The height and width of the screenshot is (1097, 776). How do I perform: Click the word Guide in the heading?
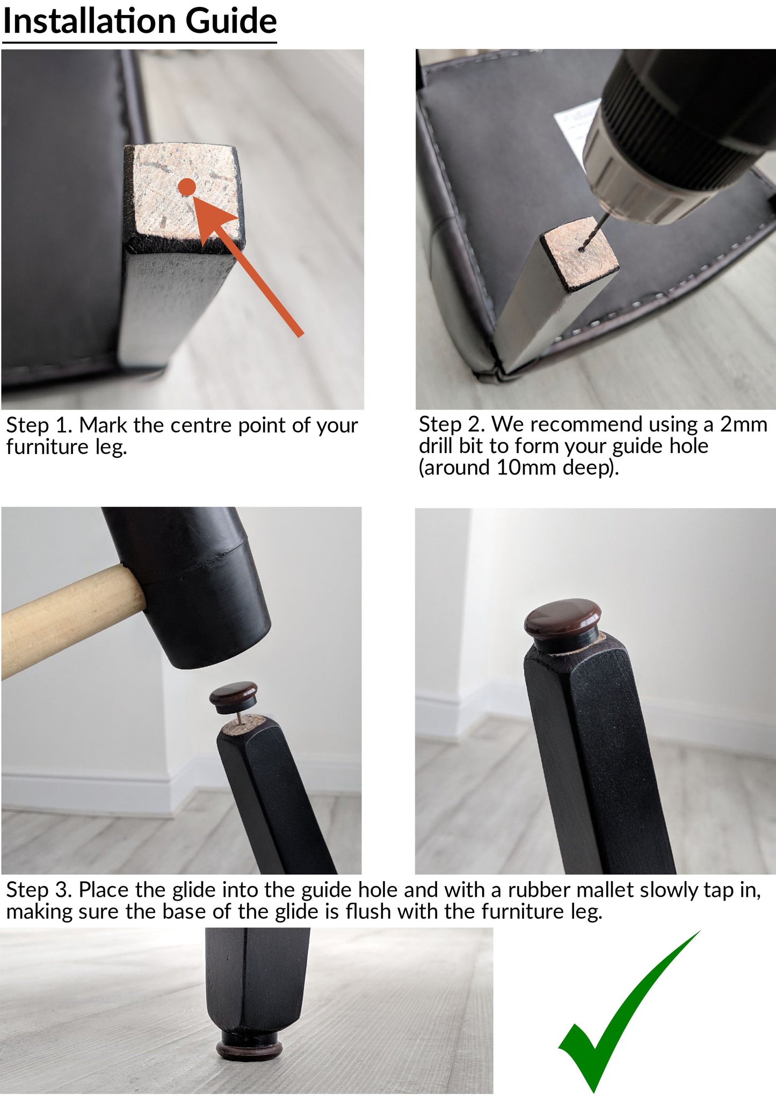coord(231,21)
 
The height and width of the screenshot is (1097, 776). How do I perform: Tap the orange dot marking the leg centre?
coord(187,188)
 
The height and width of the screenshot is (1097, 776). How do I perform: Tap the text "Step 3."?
coord(39,890)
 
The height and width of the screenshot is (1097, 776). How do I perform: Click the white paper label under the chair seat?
coord(577,126)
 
